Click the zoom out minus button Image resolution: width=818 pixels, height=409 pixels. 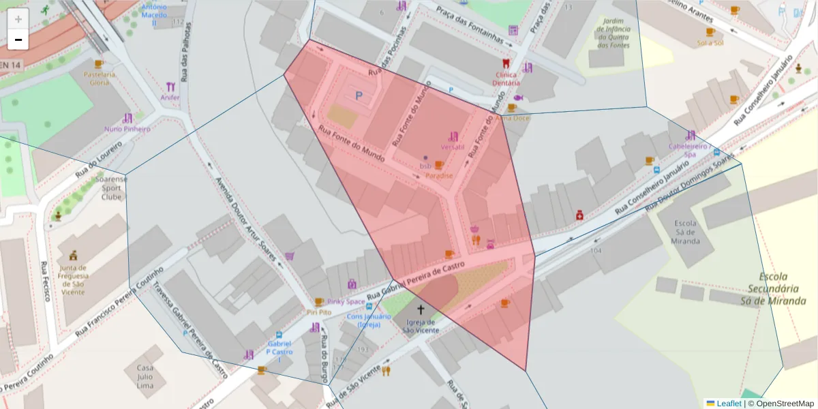(x=18, y=40)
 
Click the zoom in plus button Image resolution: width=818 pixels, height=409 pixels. (x=18, y=19)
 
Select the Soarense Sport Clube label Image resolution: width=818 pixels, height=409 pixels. (x=111, y=188)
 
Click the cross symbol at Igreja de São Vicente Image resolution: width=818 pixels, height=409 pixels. (x=420, y=309)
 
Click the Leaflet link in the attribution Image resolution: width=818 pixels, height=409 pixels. (x=729, y=404)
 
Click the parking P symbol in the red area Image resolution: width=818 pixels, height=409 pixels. (x=359, y=96)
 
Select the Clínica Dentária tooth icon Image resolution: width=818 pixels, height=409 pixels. (x=505, y=63)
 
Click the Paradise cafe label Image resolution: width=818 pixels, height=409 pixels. (x=439, y=175)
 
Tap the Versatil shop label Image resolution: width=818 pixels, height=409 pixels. (x=452, y=147)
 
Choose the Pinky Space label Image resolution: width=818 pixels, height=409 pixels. (x=346, y=301)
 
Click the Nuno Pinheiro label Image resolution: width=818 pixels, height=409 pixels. (x=127, y=129)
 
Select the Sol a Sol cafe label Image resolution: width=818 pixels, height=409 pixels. (x=710, y=42)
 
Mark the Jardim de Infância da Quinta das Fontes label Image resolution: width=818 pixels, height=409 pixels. (x=610, y=33)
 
